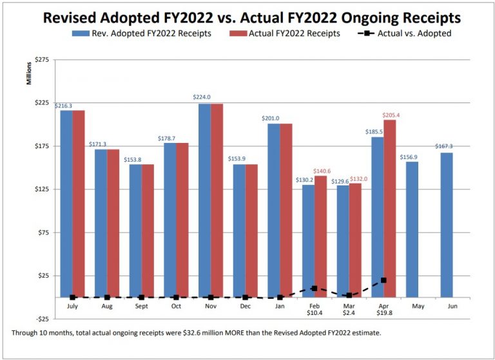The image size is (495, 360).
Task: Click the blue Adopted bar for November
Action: coord(204,200)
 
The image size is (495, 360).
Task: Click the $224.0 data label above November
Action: coord(202,97)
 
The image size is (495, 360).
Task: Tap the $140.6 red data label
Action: coord(322,171)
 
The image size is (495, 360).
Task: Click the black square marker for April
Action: coord(383,280)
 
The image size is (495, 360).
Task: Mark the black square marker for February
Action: coord(315,289)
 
